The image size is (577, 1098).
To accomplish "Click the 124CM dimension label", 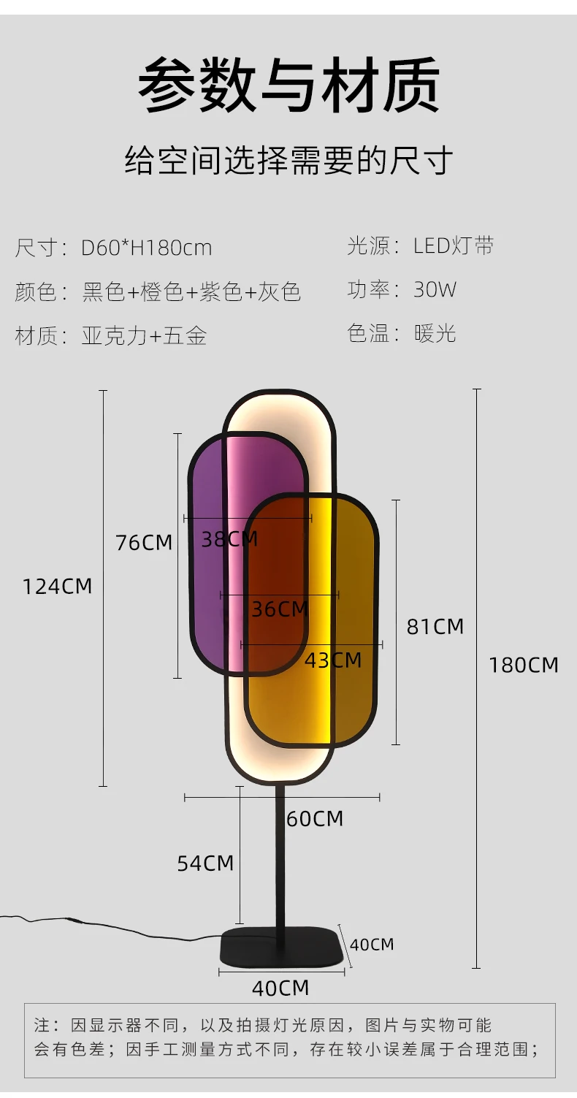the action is pyautogui.click(x=58, y=587).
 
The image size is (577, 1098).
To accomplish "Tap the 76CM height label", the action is pyautogui.click(x=144, y=543).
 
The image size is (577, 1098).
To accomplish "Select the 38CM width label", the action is pyautogui.click(x=229, y=540).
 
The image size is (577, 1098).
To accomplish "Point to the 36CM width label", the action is pyautogui.click(x=280, y=609).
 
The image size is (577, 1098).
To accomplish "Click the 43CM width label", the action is pyautogui.click(x=333, y=660).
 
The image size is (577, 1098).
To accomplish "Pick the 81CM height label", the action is pyautogui.click(x=435, y=627).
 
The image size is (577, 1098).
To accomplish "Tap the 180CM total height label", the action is pyautogui.click(x=524, y=666).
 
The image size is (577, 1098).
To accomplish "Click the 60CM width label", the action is pyautogui.click(x=315, y=819).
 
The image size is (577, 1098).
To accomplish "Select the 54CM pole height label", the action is pyautogui.click(x=205, y=863).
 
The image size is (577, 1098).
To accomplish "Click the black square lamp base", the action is pyautogui.click(x=282, y=945).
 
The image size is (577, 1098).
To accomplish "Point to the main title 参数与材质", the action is pyautogui.click(x=288, y=87).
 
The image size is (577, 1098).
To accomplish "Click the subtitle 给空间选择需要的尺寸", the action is pyautogui.click(x=288, y=161).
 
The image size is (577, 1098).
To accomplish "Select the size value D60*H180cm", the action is pyautogui.click(x=146, y=248).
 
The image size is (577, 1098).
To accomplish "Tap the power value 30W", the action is pyautogui.click(x=435, y=289).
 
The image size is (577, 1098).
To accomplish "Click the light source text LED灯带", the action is pyautogui.click(x=454, y=245).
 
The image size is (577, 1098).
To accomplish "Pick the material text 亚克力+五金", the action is pyautogui.click(x=145, y=335).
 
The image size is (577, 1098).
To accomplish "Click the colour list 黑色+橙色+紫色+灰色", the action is pyautogui.click(x=191, y=291).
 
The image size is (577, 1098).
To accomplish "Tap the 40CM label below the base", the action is pyautogui.click(x=280, y=988).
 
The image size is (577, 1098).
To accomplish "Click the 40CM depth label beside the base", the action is pyautogui.click(x=372, y=945).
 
